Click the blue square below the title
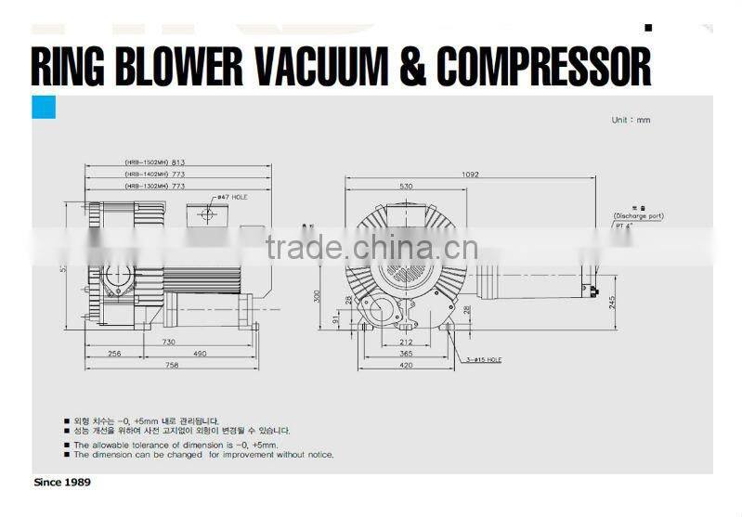(x=44, y=108)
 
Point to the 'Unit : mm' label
(x=631, y=120)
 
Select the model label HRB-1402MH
(x=147, y=174)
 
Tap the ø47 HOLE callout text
(x=229, y=198)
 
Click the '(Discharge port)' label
(x=638, y=216)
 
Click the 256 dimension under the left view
(x=115, y=354)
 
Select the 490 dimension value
(x=202, y=354)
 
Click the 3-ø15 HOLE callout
(x=482, y=359)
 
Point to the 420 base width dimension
(x=406, y=366)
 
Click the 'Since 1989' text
(x=62, y=483)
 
